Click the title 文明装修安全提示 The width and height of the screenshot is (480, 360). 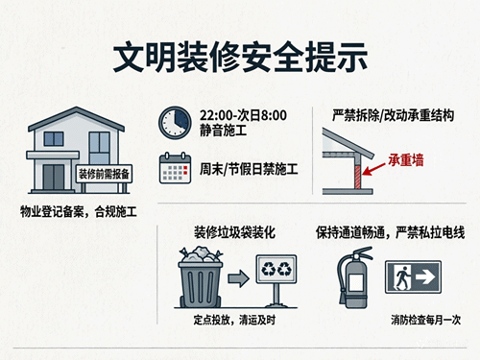[240, 56]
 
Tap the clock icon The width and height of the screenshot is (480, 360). [174, 121]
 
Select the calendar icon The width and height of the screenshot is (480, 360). [173, 170]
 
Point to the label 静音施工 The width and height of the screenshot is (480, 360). [223, 131]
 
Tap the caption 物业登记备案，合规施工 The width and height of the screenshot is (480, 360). [77, 210]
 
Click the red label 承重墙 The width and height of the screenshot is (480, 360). [407, 160]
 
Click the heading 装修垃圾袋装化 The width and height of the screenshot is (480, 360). [234, 232]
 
